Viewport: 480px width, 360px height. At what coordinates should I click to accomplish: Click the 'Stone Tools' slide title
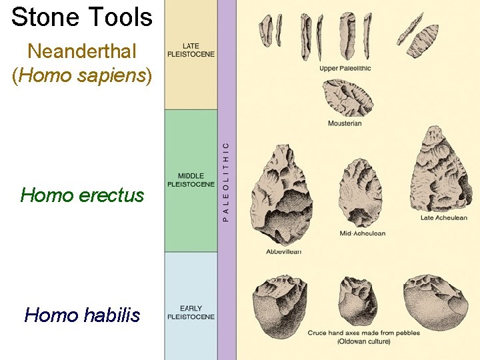82,17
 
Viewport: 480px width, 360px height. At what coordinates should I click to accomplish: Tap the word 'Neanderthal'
82,51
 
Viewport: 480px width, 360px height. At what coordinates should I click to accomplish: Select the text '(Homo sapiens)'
82,75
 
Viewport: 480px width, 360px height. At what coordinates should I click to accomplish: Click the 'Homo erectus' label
82,195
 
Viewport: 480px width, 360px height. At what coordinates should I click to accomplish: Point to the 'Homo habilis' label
82,314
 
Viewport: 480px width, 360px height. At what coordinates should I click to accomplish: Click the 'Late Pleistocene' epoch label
191,50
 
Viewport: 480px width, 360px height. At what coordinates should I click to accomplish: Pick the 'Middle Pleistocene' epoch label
191,180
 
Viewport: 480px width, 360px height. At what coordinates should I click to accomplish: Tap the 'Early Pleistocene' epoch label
191,313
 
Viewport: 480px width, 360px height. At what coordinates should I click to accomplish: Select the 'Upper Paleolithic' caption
345,68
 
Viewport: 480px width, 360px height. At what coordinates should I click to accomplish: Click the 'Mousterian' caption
345,123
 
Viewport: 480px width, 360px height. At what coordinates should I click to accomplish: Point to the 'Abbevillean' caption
284,251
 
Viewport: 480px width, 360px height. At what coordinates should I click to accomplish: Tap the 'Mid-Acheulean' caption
363,233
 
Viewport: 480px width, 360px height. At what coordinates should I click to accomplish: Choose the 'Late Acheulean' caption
443,217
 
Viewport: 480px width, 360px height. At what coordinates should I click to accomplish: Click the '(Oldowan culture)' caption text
363,341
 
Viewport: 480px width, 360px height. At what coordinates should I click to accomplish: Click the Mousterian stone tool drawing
347,98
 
